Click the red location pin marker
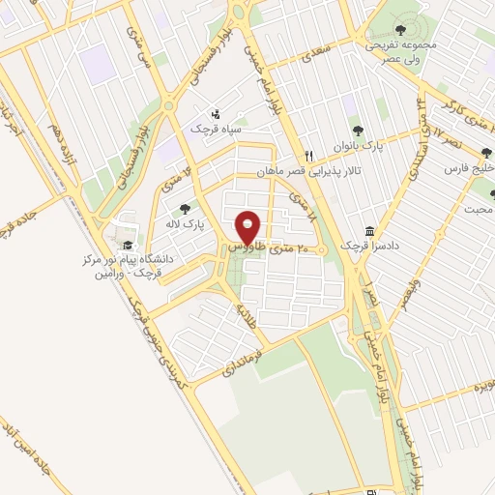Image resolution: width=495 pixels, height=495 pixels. pos(248,228)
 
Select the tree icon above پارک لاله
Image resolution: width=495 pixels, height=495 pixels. pos(185,208)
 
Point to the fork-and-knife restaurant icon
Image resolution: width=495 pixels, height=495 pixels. pos(308,155)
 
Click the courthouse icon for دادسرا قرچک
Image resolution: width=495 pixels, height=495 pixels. pos(370,232)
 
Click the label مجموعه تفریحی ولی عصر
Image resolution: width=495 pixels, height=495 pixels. pos(397,52)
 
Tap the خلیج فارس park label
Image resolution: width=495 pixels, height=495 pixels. pos(469,168)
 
